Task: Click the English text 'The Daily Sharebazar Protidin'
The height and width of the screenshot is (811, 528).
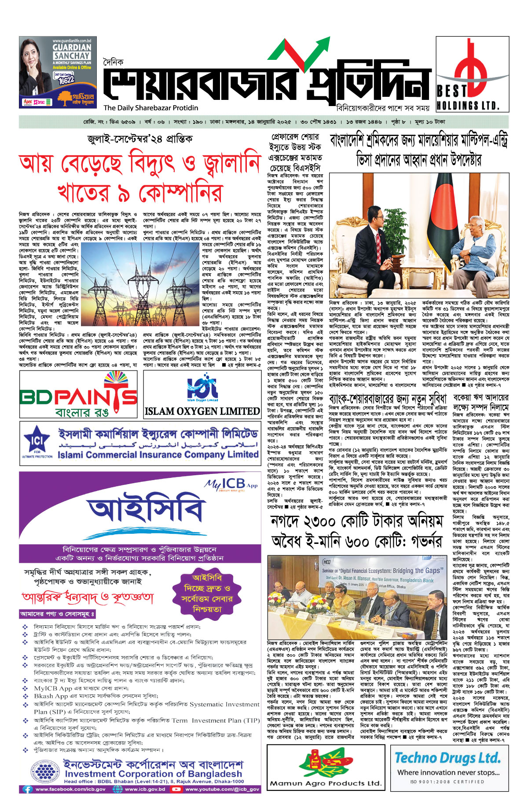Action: pyautogui.click(x=151, y=108)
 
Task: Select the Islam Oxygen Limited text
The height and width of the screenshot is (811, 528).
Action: pyautogui.click(x=202, y=411)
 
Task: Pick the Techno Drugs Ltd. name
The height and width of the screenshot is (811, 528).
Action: pyautogui.click(x=447, y=758)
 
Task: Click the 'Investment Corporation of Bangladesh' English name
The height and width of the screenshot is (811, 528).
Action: pyautogui.click(x=153, y=774)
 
